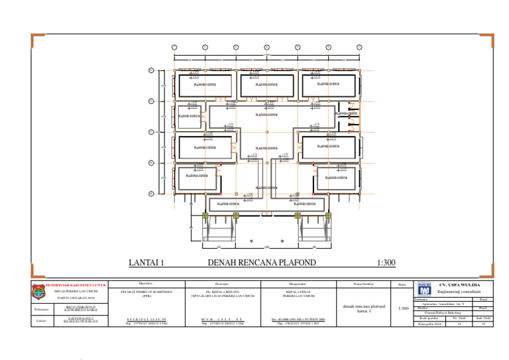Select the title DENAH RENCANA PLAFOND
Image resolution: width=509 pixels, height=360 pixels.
[x=262, y=263]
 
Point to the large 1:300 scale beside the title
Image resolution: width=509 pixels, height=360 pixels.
[x=385, y=263]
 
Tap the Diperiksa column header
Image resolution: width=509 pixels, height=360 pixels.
[x=146, y=283]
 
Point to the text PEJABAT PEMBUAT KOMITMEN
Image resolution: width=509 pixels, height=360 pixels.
[x=146, y=291]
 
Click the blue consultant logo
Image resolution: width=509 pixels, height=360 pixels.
[x=424, y=290]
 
